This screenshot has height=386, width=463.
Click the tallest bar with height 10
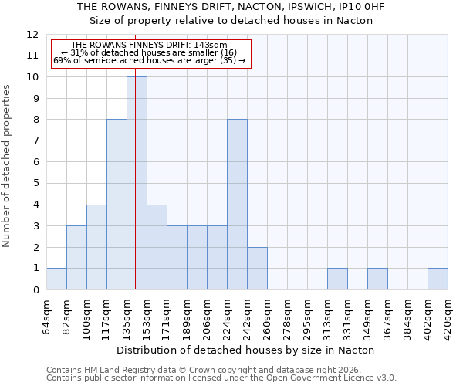(137, 183)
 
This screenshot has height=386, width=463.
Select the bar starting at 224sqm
(237, 205)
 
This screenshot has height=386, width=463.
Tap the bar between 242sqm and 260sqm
(257, 268)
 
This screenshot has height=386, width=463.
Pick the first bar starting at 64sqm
(56, 279)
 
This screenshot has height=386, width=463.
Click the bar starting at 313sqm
(337, 279)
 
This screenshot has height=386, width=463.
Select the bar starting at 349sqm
(377, 279)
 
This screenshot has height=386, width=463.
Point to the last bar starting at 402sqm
(438, 279)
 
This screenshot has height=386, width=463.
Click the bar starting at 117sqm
(117, 205)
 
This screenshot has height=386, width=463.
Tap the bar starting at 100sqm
(96, 247)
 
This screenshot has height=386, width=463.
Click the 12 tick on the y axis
(32, 35)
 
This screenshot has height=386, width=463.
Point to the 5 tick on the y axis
(35, 184)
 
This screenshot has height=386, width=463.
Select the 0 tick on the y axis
(35, 289)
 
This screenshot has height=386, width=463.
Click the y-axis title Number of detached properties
(8, 166)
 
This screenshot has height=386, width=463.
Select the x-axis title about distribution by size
(247, 350)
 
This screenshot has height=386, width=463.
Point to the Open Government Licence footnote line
(221, 378)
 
